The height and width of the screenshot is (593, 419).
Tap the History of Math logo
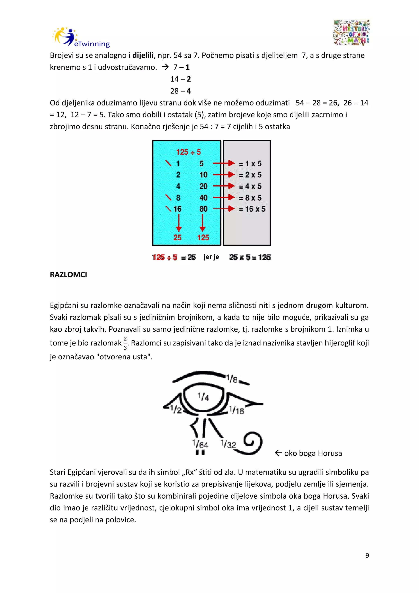coord(351,33)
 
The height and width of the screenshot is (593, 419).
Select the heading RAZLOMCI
coord(68,275)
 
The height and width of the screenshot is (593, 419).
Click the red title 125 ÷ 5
coord(188,152)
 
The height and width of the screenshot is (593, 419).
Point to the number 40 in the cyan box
coord(203,198)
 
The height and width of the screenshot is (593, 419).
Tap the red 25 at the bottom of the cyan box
coord(177,237)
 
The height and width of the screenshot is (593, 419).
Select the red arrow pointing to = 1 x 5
coord(223,163)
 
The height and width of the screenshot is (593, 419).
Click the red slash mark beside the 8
coord(168,198)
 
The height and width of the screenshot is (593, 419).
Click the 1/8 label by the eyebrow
coord(232,379)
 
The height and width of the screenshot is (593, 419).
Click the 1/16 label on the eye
coord(237,410)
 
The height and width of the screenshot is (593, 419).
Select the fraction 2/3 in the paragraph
coord(125,343)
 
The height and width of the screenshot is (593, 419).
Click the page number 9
coord(367,555)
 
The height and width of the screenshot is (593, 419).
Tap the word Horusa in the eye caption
coord(330,453)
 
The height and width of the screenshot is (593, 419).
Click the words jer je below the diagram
coord(211,257)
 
